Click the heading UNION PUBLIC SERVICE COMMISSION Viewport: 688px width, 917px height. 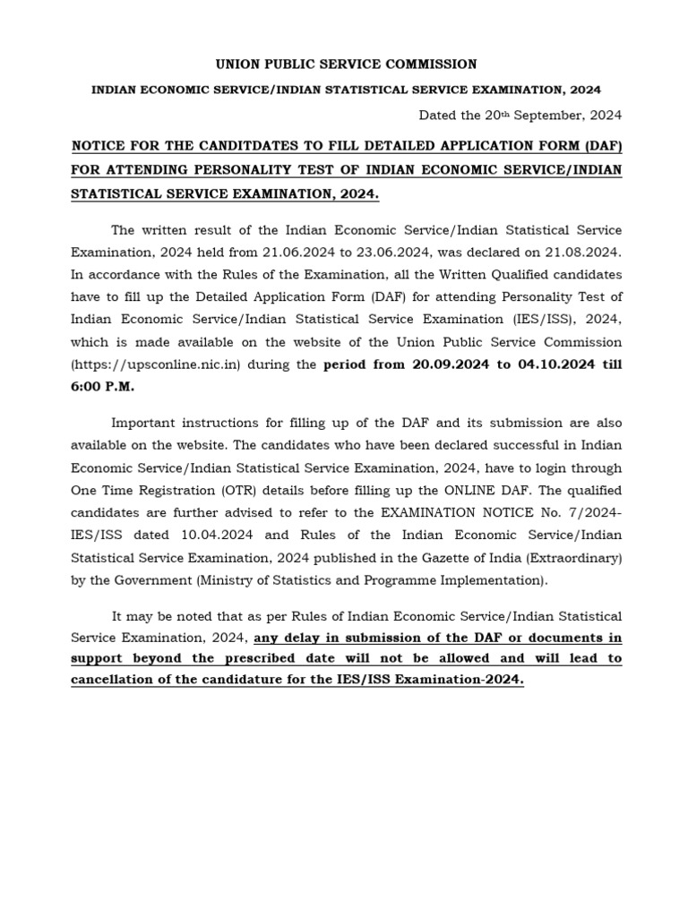coord(345,64)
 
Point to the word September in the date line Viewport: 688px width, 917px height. coord(542,115)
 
